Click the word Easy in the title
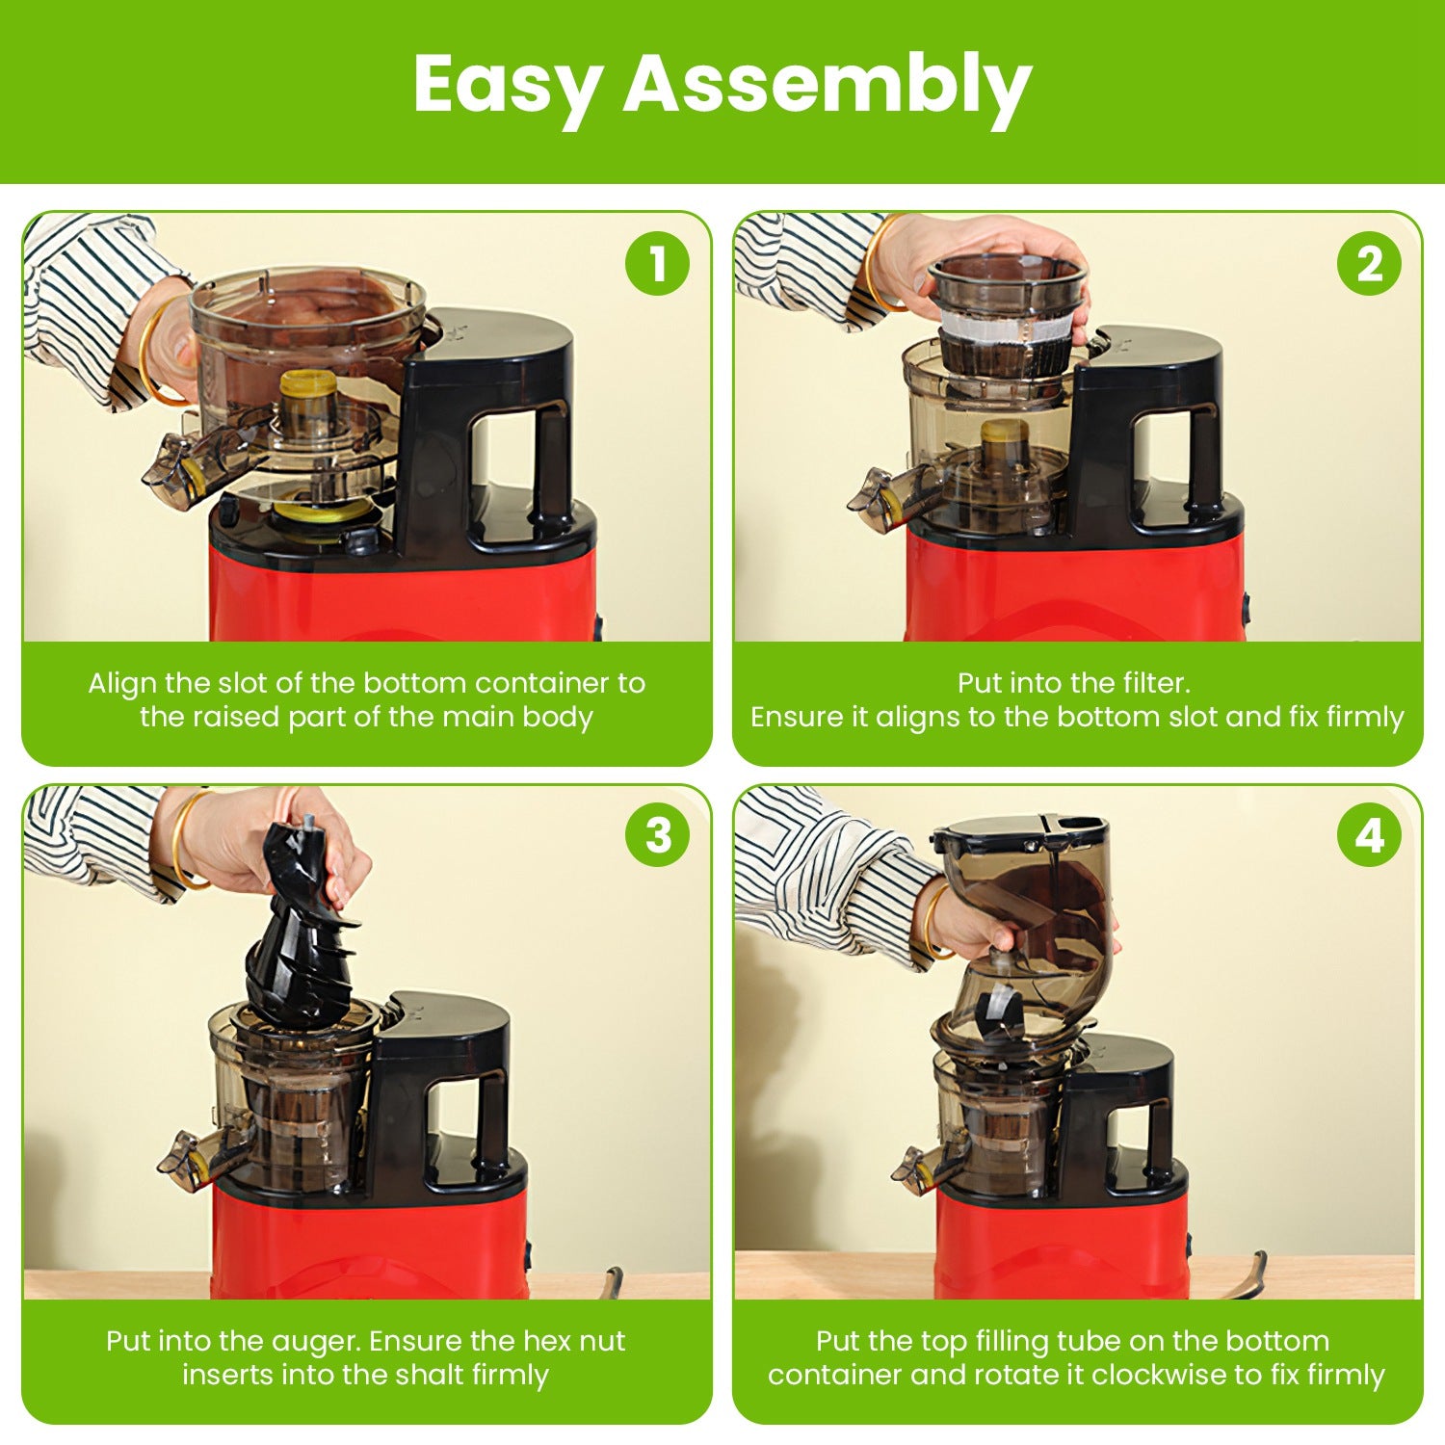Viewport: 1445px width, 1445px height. coord(508,85)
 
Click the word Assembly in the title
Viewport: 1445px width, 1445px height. coord(828,85)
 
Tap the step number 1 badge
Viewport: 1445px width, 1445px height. coord(657,263)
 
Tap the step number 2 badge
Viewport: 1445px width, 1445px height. coord(1369,263)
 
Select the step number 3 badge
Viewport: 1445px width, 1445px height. coord(657,834)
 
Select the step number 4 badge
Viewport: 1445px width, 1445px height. coord(1369,834)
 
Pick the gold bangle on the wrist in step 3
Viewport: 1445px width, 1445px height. coord(183,838)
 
